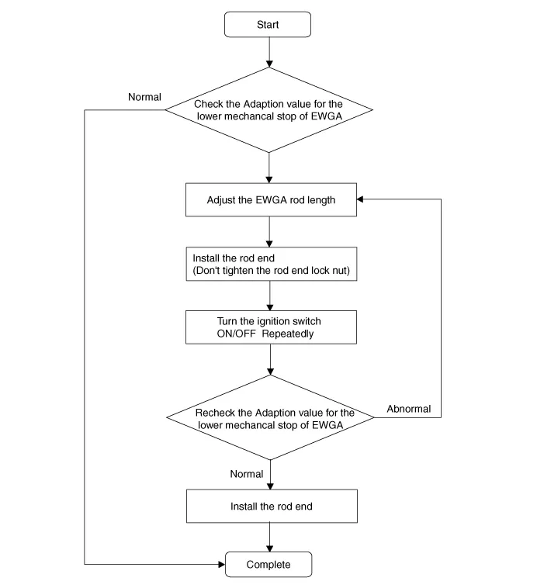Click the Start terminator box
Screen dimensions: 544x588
tap(268, 24)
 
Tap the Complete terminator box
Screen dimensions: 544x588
tap(269, 564)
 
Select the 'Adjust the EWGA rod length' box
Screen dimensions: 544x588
tap(271, 200)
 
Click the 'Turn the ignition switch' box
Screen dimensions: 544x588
tap(271, 327)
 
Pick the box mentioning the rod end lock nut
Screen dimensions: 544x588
tap(272, 264)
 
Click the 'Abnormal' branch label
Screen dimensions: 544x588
tap(408, 409)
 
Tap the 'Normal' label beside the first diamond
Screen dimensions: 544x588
tap(144, 97)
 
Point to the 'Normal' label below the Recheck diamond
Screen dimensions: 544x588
tap(247, 474)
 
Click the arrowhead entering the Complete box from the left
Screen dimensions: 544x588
tap(222, 564)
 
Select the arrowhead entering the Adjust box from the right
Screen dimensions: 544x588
tap(360, 199)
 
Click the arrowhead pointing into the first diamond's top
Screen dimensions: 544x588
tap(269, 64)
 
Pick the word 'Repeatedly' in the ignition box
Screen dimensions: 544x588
tap(288, 334)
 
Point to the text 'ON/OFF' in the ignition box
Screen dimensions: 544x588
tap(237, 334)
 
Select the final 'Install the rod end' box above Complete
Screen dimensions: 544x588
tap(272, 507)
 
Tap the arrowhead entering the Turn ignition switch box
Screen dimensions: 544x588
tap(270, 307)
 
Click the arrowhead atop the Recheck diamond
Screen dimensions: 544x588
tap(270, 372)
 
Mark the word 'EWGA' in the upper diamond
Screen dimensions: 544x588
tap(327, 116)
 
